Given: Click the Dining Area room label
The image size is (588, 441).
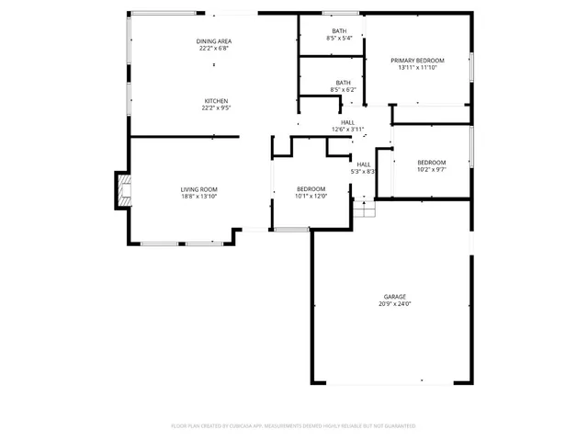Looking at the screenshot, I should coord(212,41).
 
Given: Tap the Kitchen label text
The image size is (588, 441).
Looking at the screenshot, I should coord(216,100).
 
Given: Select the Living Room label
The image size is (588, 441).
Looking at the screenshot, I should coord(198,189).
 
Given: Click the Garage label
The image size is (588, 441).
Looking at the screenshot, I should coord(395,296).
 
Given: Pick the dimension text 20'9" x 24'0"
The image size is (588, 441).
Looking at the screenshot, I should coord(395,304).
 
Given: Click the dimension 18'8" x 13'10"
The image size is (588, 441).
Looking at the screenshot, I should coord(198,197).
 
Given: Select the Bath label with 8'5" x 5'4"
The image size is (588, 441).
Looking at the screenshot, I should coord(339,31).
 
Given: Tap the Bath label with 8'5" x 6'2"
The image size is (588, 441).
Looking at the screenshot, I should coord(343,82).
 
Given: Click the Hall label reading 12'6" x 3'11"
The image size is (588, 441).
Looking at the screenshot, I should coord(348,121).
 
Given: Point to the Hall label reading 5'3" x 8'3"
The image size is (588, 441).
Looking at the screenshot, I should coord(364,164).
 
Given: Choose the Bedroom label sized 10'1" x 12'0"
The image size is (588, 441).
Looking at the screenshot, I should coord(311,188).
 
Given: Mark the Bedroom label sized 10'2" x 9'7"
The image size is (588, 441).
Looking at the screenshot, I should coord(432,162).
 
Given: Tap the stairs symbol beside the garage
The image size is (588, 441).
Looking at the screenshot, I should coord(365,210).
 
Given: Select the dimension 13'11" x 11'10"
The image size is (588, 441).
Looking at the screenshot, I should coord(417,67).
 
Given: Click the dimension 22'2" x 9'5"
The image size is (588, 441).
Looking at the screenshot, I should coord(216,107).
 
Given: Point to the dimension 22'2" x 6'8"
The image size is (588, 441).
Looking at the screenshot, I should coord(212,49).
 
